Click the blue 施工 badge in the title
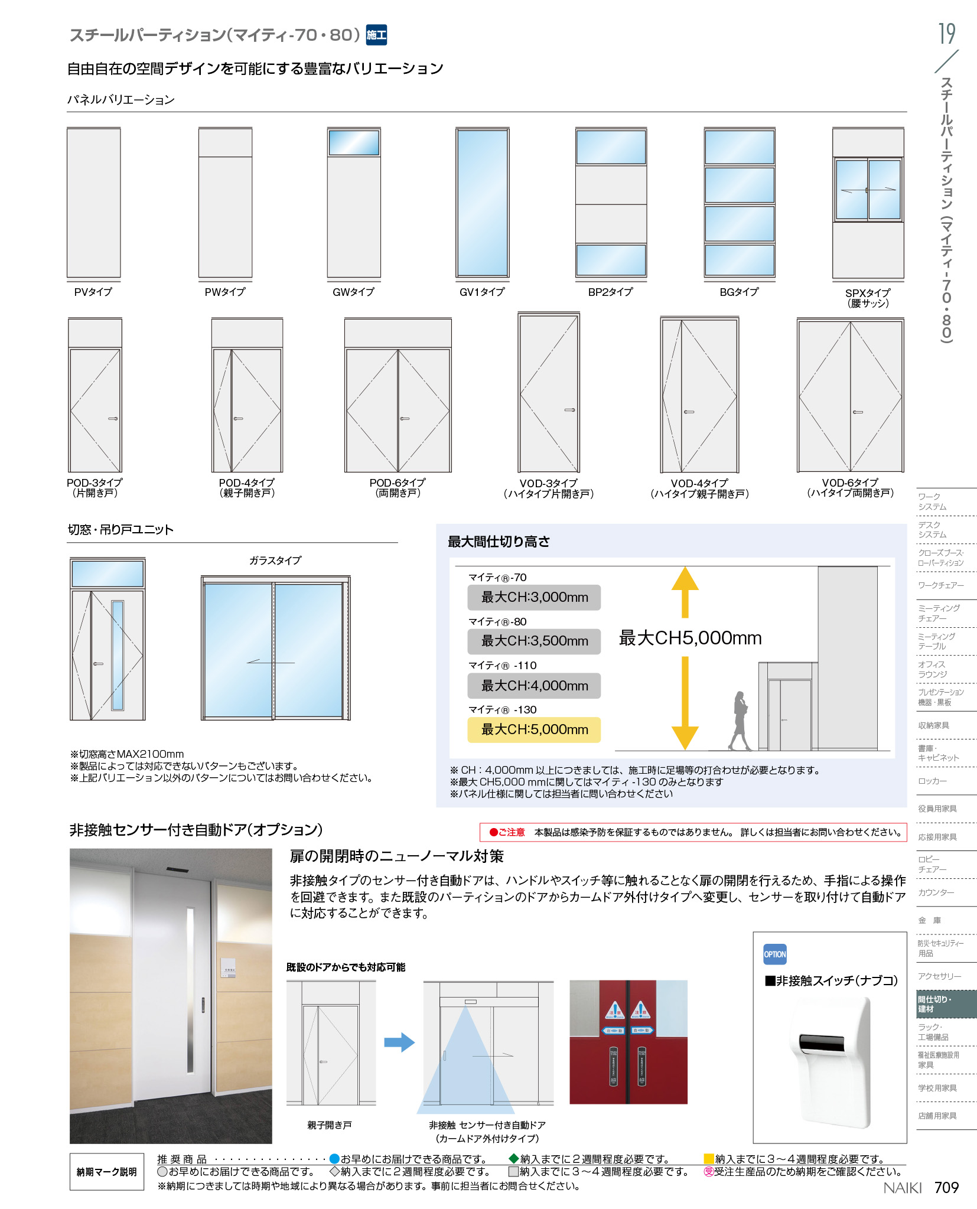click(x=376, y=35)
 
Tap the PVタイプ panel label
click(x=93, y=292)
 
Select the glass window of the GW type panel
click(x=354, y=143)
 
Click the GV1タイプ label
click(x=482, y=292)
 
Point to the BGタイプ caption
click(x=739, y=292)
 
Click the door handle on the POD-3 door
click(x=113, y=419)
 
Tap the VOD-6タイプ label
click(x=850, y=483)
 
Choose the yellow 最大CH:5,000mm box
click(x=534, y=729)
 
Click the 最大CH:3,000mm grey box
click(x=534, y=597)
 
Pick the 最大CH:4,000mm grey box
click(x=534, y=686)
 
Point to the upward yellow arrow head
click(x=685, y=578)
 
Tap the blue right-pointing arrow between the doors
click(x=399, y=1042)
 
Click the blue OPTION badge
click(x=775, y=954)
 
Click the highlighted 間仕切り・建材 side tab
click(x=946, y=1004)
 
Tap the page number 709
click(x=946, y=1187)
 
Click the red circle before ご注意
click(x=493, y=832)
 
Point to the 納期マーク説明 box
click(x=107, y=1172)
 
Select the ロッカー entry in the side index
click(x=933, y=781)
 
